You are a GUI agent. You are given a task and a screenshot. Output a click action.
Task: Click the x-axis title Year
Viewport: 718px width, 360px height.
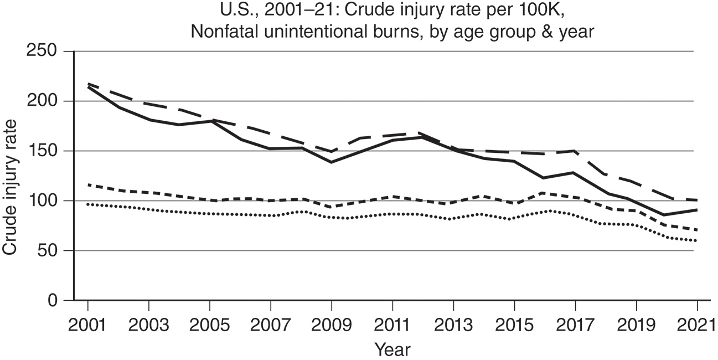[392, 349]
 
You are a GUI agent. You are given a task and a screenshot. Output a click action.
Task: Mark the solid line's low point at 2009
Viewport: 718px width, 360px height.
[331, 162]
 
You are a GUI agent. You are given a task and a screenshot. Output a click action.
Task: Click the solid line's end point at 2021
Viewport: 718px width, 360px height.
[696, 210]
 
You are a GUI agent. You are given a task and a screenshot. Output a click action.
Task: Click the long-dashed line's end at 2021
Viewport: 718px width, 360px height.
[696, 200]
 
